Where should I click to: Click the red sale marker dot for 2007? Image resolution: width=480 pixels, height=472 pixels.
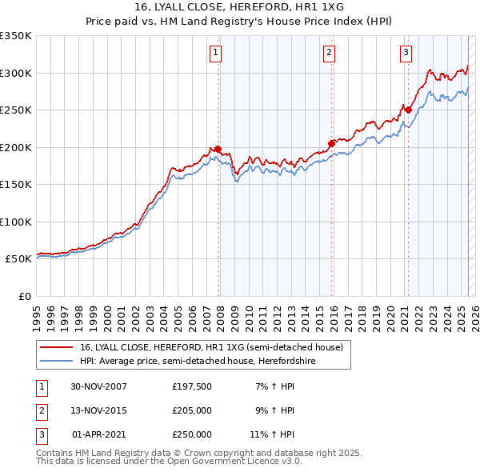click(x=218, y=149)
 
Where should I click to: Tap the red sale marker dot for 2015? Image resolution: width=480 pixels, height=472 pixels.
click(x=331, y=144)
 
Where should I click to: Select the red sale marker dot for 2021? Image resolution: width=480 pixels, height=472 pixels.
click(x=408, y=110)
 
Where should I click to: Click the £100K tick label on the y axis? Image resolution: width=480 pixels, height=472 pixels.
click(x=16, y=222)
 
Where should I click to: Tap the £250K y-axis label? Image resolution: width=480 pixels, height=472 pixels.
click(x=16, y=110)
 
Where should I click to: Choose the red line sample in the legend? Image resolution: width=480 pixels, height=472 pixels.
click(x=57, y=347)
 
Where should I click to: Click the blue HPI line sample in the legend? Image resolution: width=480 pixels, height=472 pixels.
click(x=57, y=361)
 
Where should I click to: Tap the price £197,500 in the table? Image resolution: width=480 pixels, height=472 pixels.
click(x=192, y=386)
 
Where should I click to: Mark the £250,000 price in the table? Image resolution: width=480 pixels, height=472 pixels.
click(x=192, y=434)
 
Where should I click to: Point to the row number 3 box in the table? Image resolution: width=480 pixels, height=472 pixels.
click(x=41, y=434)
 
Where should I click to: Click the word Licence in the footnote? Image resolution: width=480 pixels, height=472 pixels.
click(x=256, y=462)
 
